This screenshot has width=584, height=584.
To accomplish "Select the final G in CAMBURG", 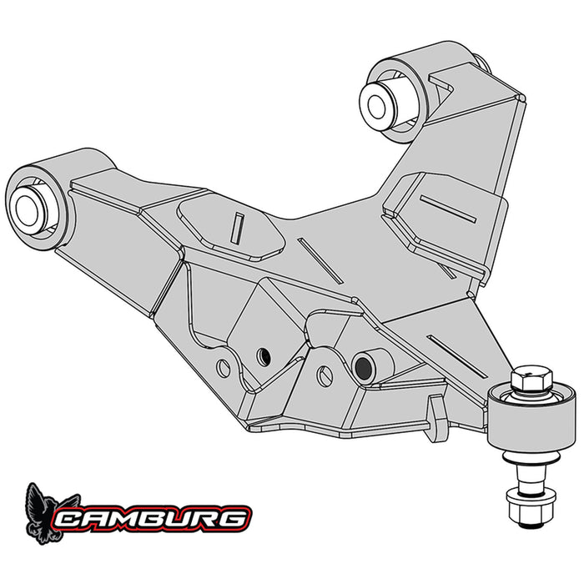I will pos(234,518).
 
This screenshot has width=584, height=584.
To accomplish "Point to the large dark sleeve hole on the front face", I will pos(363,365).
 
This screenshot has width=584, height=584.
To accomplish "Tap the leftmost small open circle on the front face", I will pos(224,366).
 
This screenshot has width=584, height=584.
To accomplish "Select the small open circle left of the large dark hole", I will pos(325,376).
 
